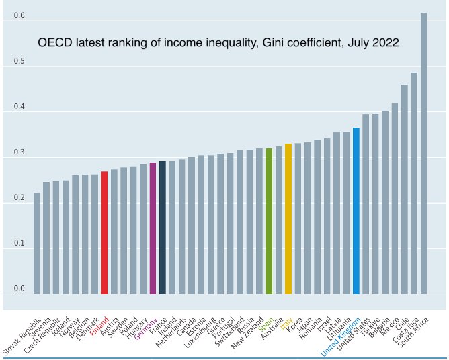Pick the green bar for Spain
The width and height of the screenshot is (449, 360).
tap(269, 221)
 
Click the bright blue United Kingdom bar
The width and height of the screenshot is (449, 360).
tap(356, 211)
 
